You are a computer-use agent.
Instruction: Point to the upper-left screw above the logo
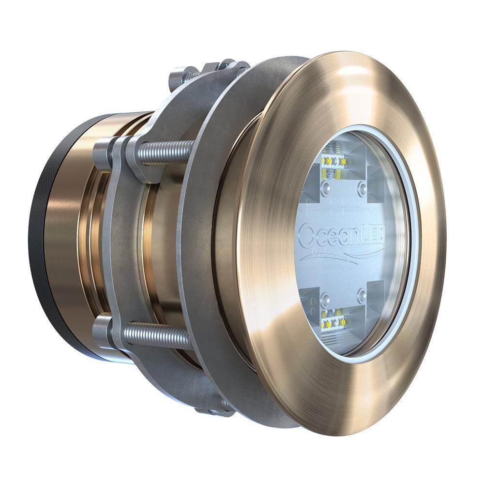click(327, 186)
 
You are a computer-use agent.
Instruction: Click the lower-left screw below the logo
click(328, 295)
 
